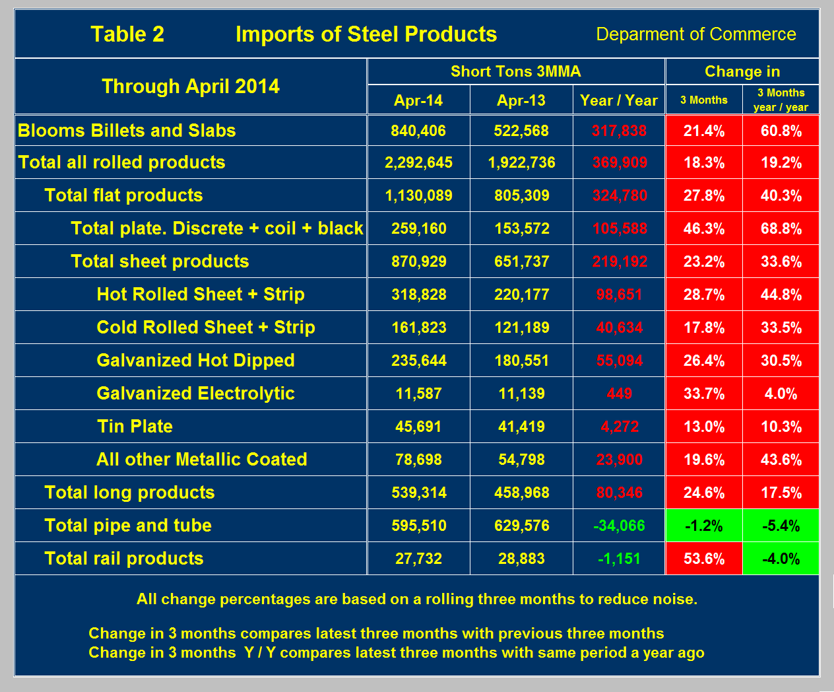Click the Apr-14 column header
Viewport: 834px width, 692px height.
418,100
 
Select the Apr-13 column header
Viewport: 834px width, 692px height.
521,100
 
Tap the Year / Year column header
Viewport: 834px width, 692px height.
619,100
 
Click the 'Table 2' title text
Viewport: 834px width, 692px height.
127,34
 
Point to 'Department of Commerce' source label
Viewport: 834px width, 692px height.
696,34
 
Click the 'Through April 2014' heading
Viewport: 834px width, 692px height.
191,86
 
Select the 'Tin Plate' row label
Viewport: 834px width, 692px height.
135,427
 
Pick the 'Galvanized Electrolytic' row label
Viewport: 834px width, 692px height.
195,394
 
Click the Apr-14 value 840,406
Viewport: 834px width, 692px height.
418,131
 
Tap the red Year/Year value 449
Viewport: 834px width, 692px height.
619,394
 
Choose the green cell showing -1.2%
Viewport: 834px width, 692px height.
704,526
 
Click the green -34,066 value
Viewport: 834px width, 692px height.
619,526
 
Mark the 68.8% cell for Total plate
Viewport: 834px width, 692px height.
781,228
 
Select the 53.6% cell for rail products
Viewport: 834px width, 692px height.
704,559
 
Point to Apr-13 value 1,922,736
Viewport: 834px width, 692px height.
521,162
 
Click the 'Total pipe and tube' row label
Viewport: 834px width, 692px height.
128,526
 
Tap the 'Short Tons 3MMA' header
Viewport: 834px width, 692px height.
515,71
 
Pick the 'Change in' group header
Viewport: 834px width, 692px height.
742,71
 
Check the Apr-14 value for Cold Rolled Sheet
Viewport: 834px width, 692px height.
418,328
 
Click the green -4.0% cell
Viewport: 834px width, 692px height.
781,559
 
